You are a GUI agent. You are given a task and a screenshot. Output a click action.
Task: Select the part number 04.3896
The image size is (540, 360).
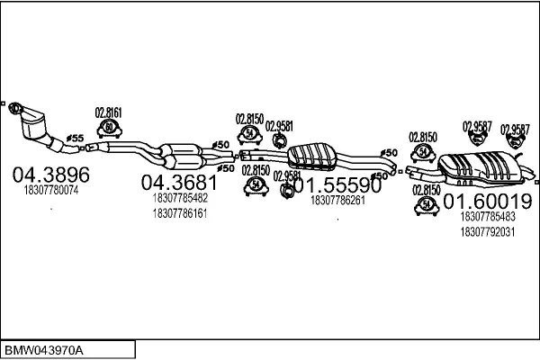50,174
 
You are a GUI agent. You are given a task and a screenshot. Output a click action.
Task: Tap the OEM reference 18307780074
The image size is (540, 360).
50,190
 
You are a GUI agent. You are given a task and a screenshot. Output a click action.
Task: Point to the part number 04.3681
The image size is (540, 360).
180,182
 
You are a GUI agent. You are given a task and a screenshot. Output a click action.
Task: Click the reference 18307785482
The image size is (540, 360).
181,198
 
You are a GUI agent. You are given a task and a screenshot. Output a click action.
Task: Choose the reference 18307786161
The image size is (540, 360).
181,213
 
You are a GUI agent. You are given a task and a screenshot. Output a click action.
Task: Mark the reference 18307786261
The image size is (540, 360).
337,201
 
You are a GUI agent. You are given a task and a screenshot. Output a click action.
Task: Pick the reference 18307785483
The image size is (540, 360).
486,217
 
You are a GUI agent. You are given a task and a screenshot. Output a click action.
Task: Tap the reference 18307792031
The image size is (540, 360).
486,231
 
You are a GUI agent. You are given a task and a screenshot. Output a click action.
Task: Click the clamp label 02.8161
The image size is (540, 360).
108,112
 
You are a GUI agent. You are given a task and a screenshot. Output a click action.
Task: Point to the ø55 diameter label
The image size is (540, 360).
76,137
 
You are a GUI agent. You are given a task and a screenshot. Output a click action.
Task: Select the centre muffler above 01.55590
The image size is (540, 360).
315,157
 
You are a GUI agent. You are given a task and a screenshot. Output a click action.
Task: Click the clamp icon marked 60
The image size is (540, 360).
109,129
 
